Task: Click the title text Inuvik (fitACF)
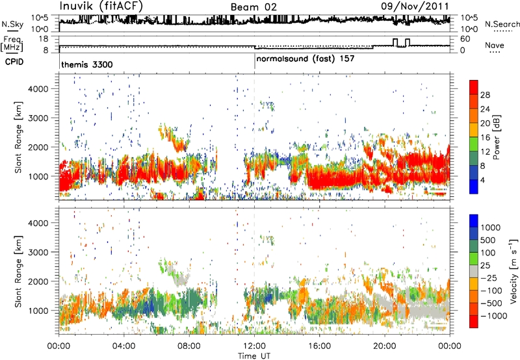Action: click(x=101, y=6)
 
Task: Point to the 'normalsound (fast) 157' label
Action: click(x=299, y=58)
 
